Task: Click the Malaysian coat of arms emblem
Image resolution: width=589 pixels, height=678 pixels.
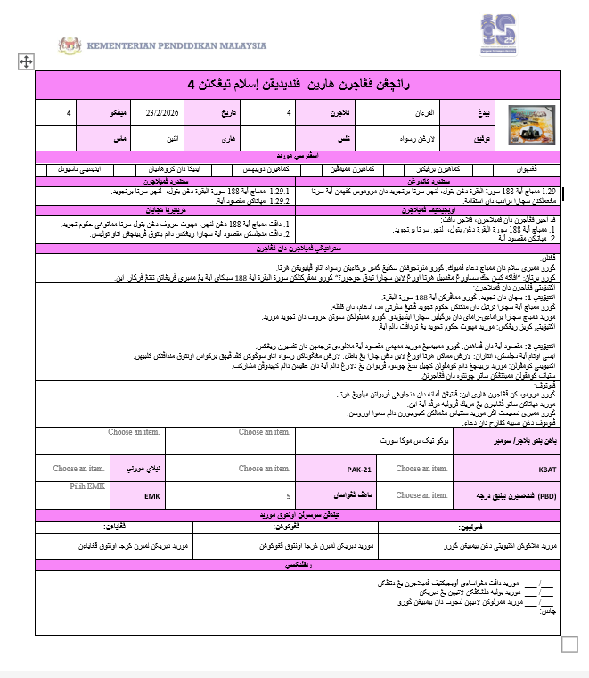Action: pos(70,45)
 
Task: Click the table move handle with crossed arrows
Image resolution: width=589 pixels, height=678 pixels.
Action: pos(26,61)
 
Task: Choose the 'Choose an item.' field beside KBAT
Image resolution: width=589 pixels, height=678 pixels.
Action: pos(422,468)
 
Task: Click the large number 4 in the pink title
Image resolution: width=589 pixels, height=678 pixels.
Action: pos(191,85)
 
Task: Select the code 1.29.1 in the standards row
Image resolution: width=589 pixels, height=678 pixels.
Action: pos(278,192)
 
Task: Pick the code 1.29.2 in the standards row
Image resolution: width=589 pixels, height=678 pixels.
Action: pos(278,200)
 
